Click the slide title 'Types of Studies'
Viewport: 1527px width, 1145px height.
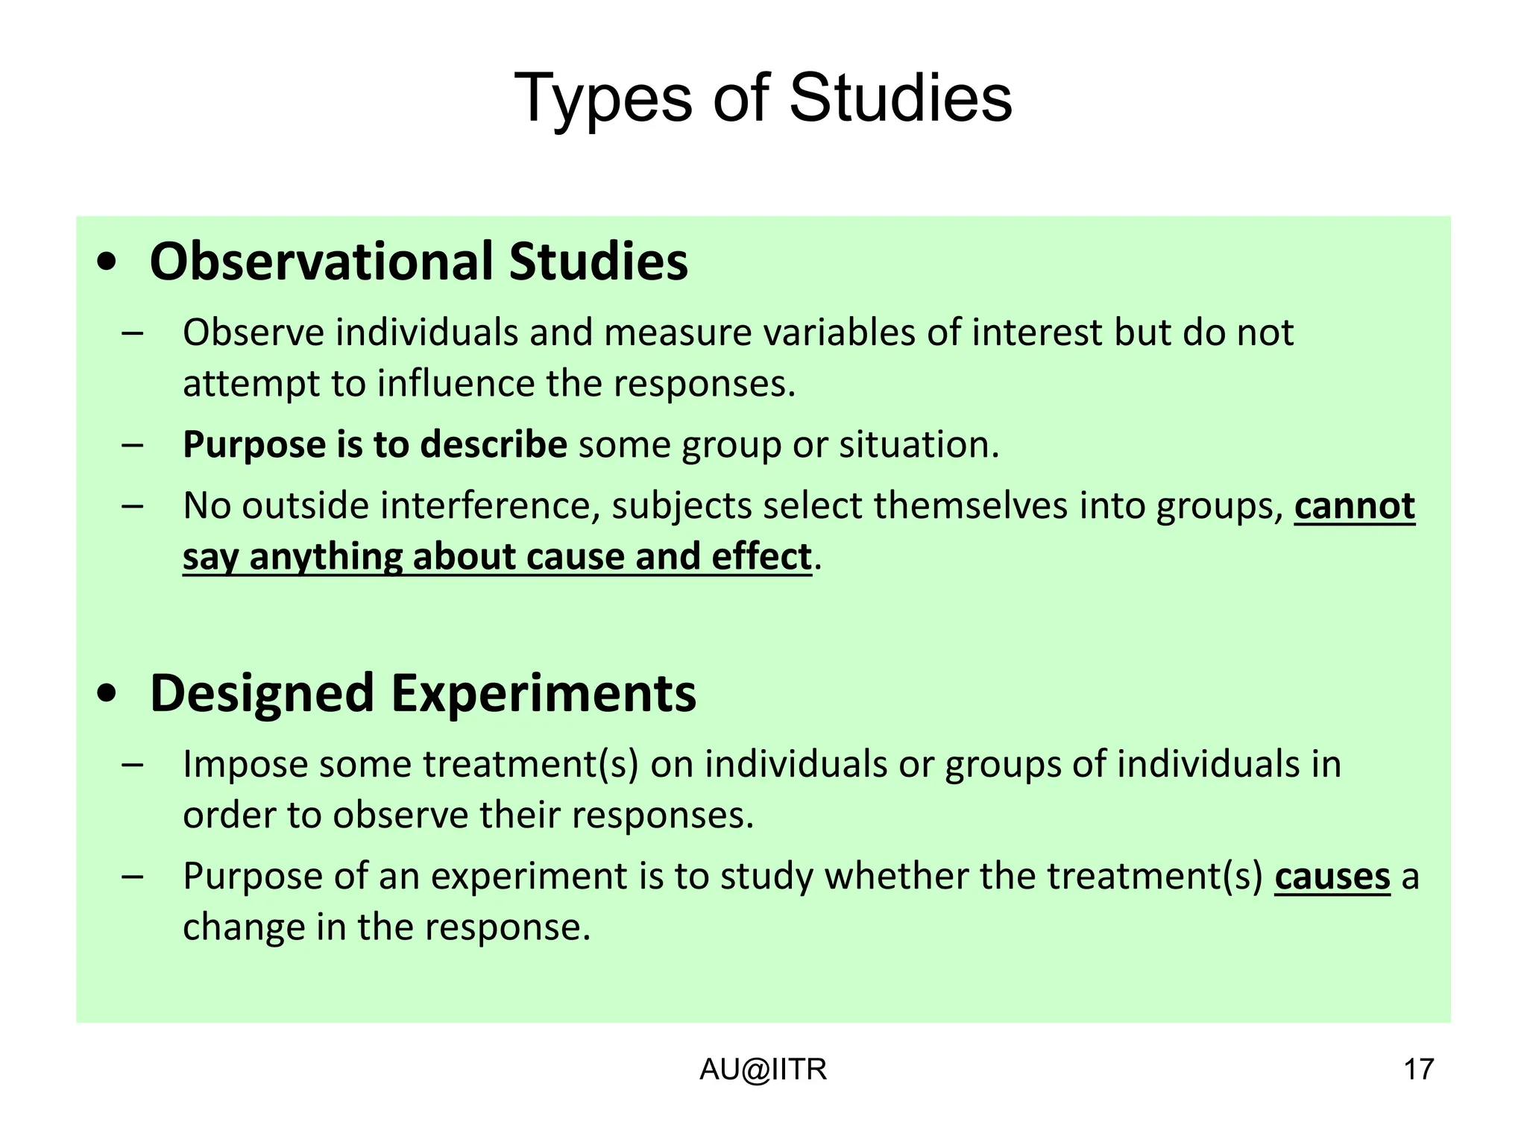pos(763,98)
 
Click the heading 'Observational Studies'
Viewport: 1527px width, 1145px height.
pos(418,262)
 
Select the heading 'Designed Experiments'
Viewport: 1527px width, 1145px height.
pos(423,693)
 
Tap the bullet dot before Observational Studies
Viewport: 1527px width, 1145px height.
pos(107,262)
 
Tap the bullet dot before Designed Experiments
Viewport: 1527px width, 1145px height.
pos(107,694)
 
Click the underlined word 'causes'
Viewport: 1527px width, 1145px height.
pos(1332,877)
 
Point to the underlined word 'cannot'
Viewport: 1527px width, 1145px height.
pos(1354,506)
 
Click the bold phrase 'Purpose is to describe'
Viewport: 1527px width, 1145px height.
pos(375,445)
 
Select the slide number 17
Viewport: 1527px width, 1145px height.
pos(1418,1070)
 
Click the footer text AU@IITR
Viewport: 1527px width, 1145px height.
pos(763,1070)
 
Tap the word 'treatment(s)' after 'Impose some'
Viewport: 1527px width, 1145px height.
pos(531,765)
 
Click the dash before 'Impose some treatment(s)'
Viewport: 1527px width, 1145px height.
pos(132,765)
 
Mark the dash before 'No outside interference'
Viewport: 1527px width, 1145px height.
pos(132,506)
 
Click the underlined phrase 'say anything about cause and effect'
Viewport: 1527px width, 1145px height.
pos(497,558)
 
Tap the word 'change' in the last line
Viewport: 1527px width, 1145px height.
pos(244,928)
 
